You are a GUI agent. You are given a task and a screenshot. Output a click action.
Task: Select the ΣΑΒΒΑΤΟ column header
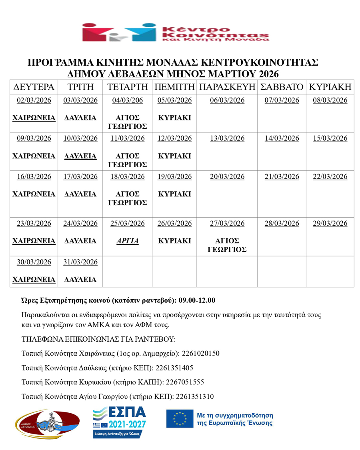point(282,87)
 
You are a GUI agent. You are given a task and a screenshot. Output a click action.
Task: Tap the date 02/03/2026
point(34,100)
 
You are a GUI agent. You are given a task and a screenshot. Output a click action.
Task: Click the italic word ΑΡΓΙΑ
point(128,241)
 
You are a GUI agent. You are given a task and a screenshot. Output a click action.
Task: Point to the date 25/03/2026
point(128,223)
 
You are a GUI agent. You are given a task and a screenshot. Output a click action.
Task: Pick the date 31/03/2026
point(80,262)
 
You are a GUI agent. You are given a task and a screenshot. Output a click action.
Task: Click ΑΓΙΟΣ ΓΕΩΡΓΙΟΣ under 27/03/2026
point(227,245)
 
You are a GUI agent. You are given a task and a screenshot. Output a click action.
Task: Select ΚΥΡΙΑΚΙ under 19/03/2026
point(175,194)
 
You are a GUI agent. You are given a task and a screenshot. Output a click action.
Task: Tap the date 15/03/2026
point(330,138)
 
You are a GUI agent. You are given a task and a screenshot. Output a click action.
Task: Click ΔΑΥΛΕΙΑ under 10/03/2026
point(80,156)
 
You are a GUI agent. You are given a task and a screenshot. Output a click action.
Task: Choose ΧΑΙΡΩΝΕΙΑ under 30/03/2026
point(34,280)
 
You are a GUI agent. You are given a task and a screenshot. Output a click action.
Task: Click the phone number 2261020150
point(201,354)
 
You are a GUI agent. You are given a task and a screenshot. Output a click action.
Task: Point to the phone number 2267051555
point(185,382)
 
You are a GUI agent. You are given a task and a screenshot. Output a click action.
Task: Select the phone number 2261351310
point(195,396)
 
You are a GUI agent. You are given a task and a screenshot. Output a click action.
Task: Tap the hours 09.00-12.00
point(197,300)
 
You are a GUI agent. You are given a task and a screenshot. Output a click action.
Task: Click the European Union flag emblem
point(179,418)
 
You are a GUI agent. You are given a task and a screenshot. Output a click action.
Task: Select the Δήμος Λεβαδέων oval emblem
point(47,423)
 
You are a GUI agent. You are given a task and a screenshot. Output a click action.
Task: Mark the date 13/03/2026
point(227,138)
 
